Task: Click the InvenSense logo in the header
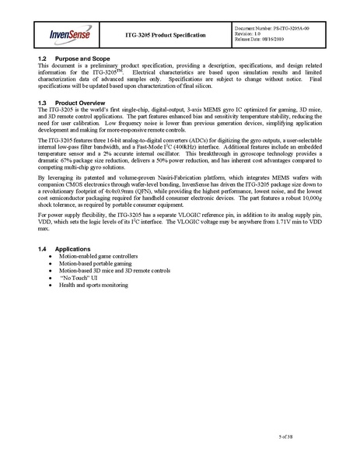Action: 72,35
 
